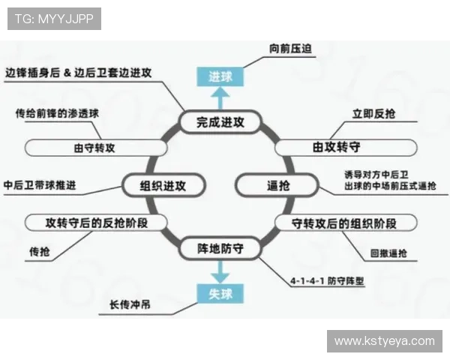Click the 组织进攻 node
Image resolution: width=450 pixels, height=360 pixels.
click(x=163, y=184)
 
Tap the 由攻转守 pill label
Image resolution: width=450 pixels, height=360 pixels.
click(x=343, y=147)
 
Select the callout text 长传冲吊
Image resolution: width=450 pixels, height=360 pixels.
click(x=128, y=306)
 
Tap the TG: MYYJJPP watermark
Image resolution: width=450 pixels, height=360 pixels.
click(x=54, y=19)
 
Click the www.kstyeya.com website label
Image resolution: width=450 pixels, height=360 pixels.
click(x=384, y=341)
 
